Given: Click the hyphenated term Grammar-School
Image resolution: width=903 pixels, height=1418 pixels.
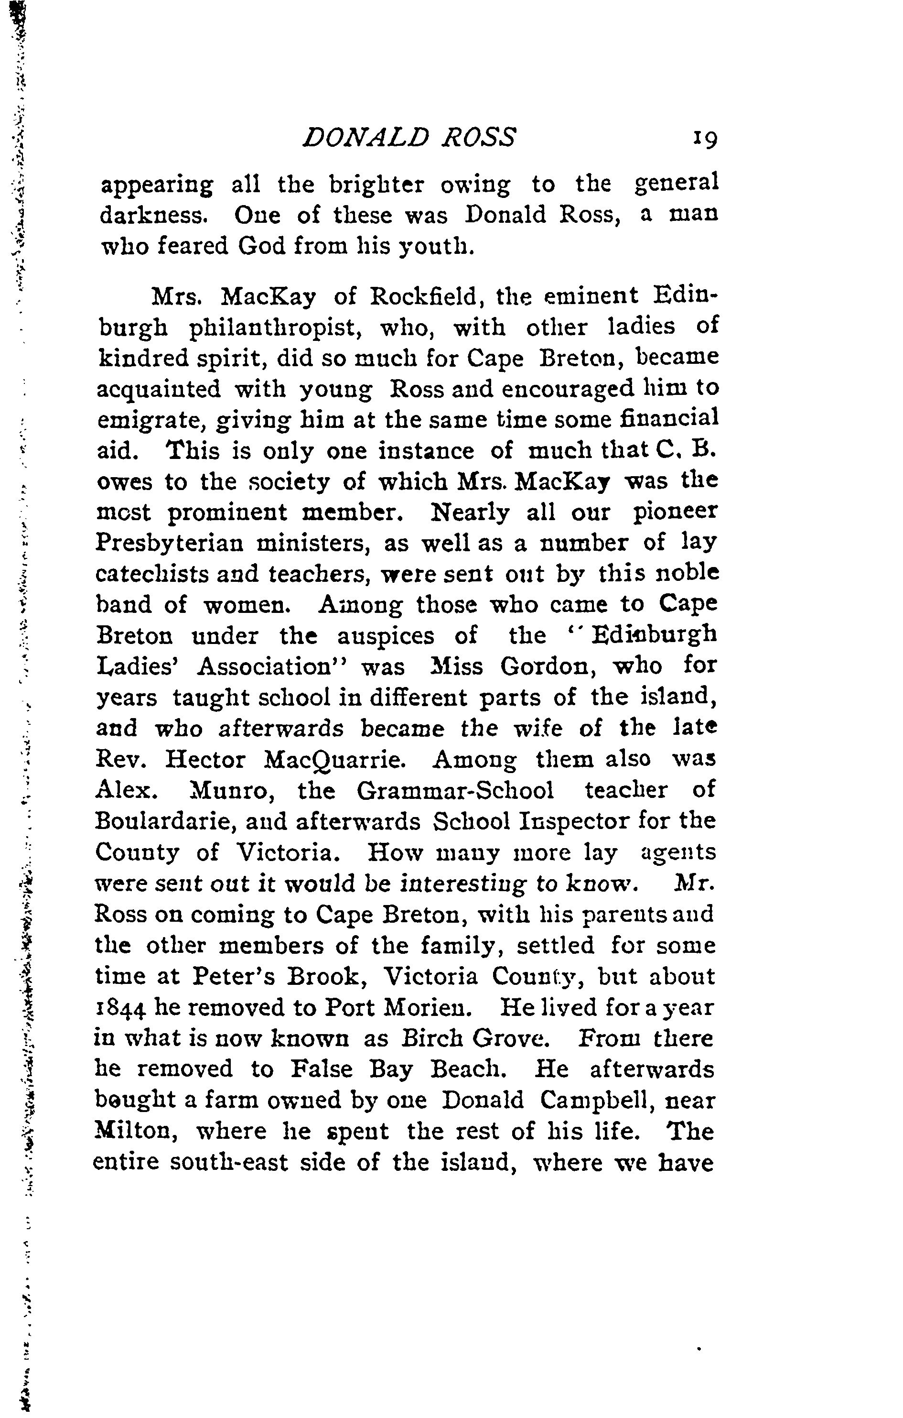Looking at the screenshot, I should pos(455,790).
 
